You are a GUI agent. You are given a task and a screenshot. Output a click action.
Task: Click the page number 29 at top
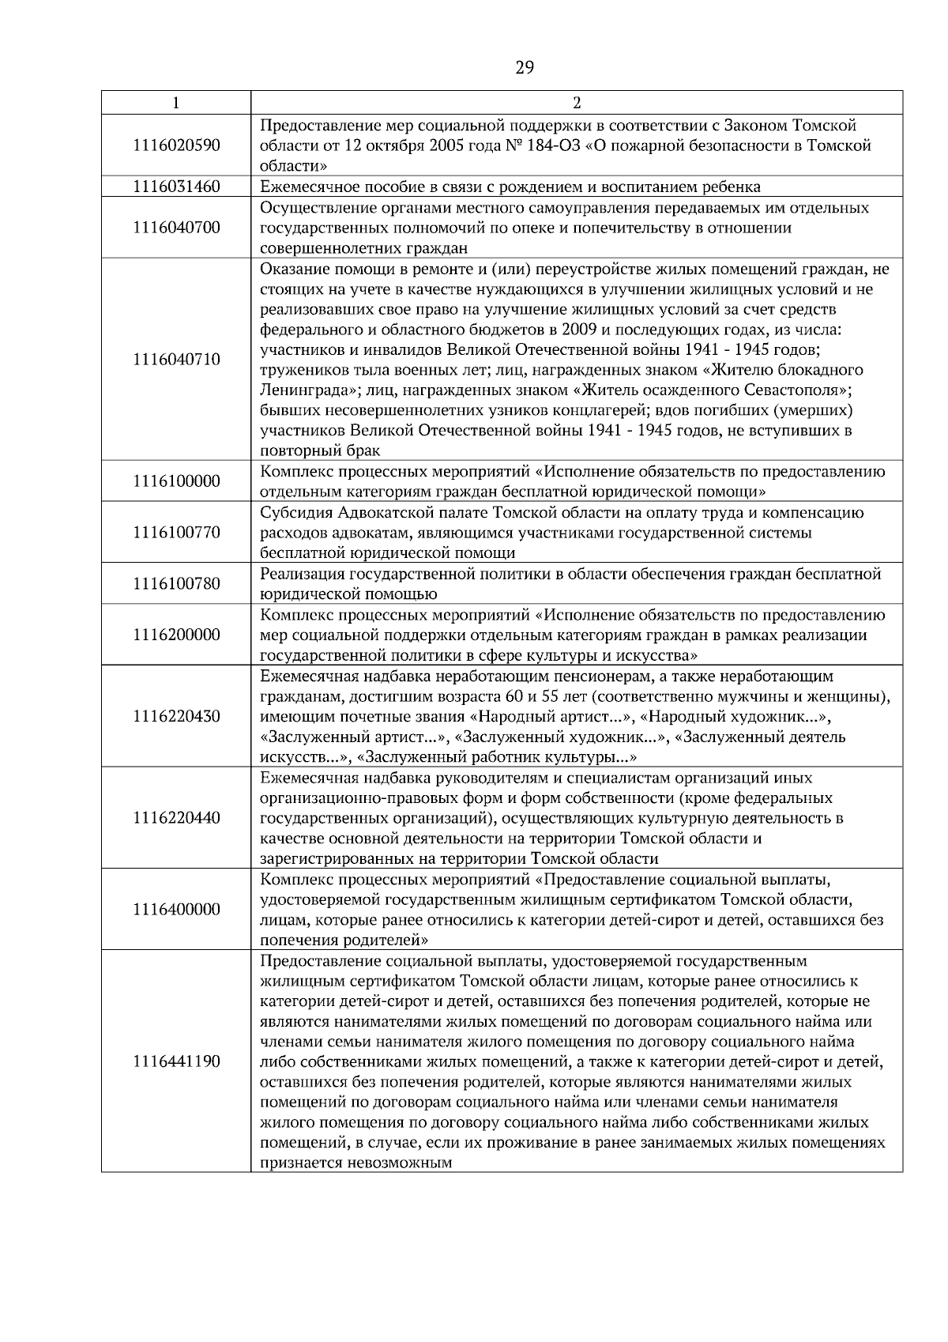pyautogui.click(x=525, y=68)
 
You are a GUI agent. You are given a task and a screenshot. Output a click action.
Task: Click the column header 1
pyautogui.click(x=176, y=103)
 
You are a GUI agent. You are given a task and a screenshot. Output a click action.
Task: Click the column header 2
pyautogui.click(x=577, y=103)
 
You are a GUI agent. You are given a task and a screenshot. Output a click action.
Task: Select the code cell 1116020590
pyautogui.click(x=176, y=145)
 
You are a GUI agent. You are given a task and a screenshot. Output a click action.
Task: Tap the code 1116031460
pyautogui.click(x=176, y=187)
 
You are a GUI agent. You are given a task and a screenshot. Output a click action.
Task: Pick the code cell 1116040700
pyautogui.click(x=176, y=228)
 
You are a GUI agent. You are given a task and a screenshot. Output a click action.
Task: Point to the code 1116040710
pyautogui.click(x=176, y=360)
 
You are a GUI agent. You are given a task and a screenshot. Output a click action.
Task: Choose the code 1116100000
pyautogui.click(x=176, y=481)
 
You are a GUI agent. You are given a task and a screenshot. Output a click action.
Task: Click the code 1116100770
pyautogui.click(x=176, y=532)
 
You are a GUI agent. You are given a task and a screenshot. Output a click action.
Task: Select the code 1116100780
pyautogui.click(x=176, y=584)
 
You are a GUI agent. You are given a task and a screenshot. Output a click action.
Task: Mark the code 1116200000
pyautogui.click(x=176, y=635)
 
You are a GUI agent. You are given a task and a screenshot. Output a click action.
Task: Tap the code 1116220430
pyautogui.click(x=176, y=717)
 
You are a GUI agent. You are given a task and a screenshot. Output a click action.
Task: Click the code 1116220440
pyautogui.click(x=176, y=818)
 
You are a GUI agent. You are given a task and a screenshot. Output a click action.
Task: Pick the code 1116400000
pyautogui.click(x=176, y=910)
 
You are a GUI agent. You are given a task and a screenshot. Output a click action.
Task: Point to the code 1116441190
pyautogui.click(x=176, y=1061)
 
